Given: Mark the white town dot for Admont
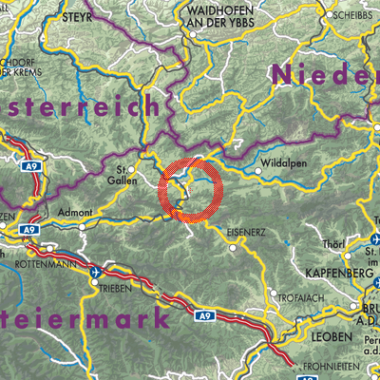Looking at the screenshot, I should (83, 226).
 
